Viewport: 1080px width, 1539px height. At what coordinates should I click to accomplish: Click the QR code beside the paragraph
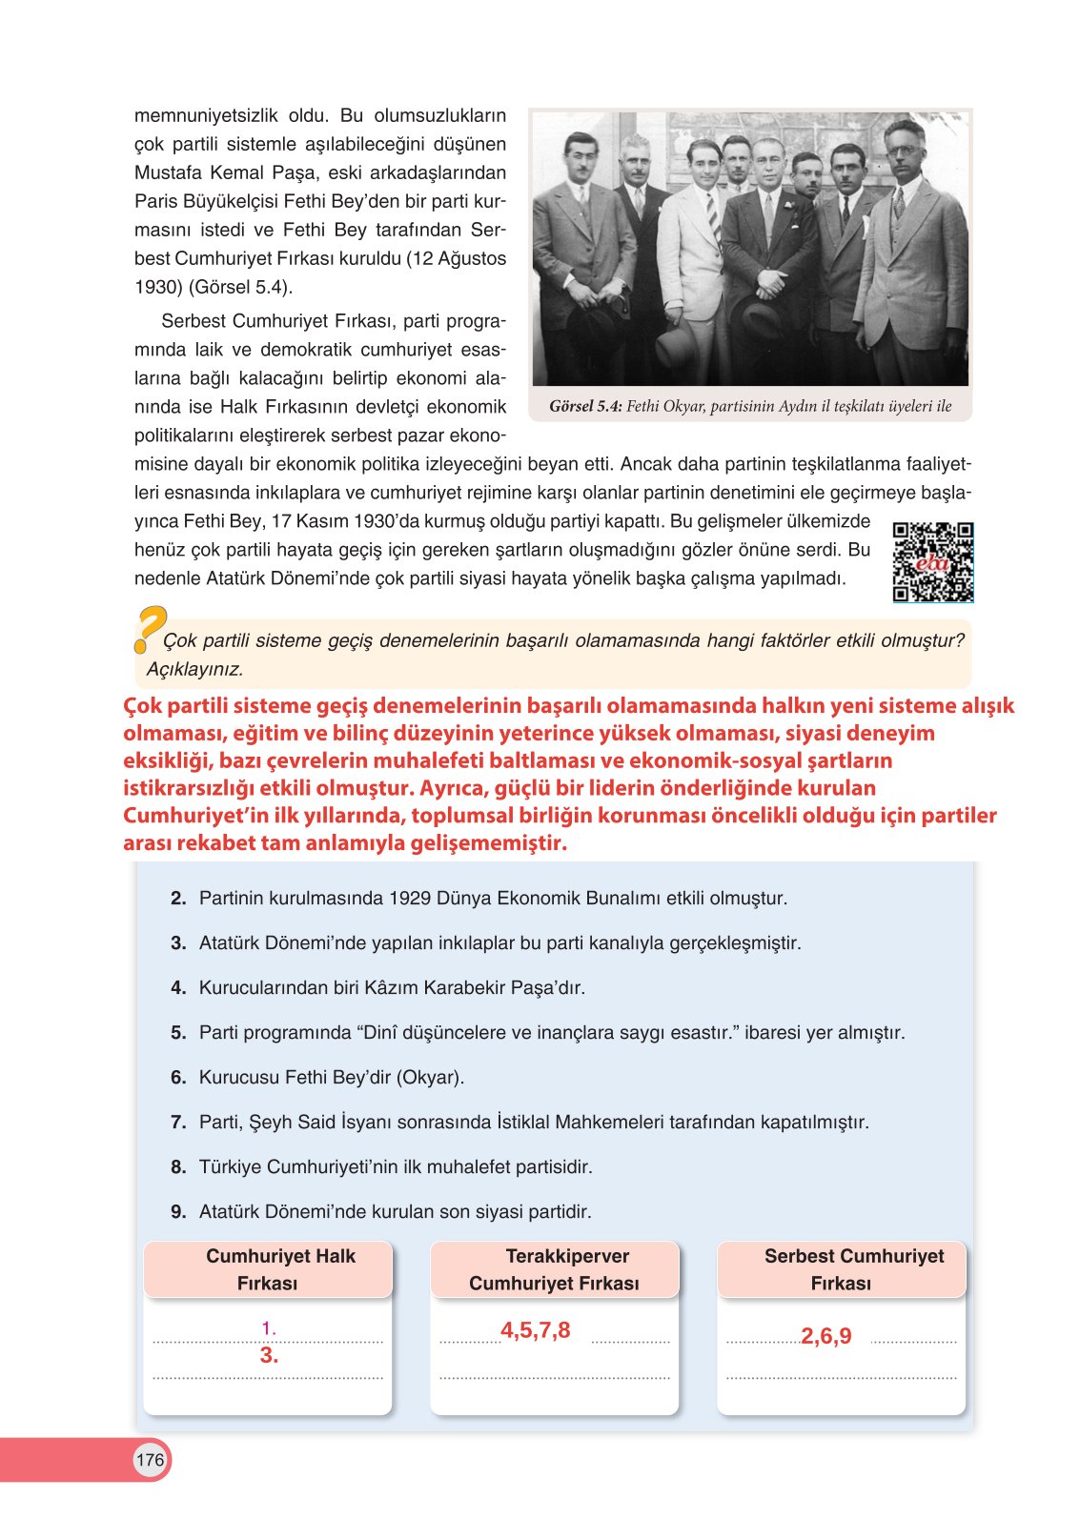pos(932,562)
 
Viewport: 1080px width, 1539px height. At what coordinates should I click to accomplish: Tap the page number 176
pos(150,1460)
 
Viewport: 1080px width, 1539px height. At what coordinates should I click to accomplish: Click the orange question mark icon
pos(150,629)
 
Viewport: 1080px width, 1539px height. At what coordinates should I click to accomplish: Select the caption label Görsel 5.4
pos(585,407)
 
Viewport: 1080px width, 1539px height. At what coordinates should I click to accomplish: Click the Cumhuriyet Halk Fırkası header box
pos(268,1269)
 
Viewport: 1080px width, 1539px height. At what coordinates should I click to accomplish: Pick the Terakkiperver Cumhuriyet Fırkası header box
pos(554,1269)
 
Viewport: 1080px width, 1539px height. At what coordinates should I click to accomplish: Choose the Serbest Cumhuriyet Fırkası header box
pos(841,1269)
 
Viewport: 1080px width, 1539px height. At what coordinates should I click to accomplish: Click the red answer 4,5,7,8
pos(535,1330)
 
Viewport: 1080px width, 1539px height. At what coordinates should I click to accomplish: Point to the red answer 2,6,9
pos(825,1336)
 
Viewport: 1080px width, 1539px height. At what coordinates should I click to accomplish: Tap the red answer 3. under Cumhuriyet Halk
pos(269,1355)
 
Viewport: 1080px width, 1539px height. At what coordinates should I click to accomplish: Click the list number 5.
pos(178,1033)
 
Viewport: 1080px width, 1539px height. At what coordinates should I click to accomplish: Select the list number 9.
pos(178,1212)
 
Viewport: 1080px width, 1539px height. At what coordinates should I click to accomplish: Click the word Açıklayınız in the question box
pos(194,669)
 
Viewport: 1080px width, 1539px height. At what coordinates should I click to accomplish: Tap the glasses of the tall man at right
pos(902,151)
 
